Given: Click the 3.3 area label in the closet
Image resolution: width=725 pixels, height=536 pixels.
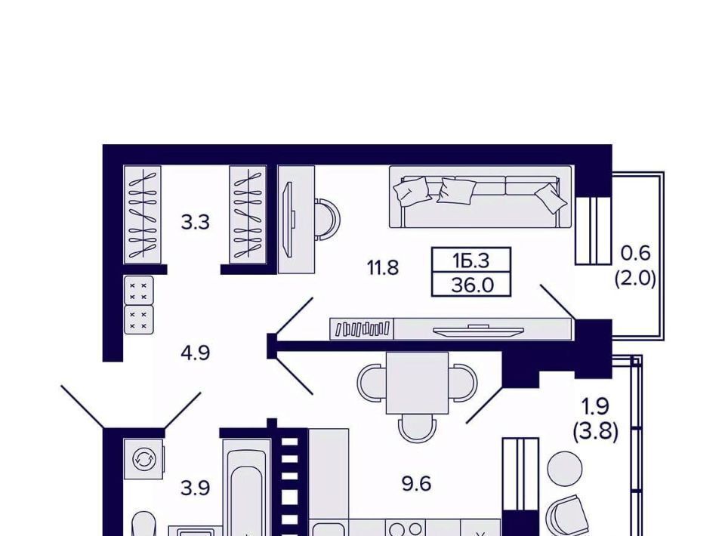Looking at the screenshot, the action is [x=195, y=223].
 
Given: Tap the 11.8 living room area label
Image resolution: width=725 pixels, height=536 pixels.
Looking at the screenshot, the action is [x=382, y=267].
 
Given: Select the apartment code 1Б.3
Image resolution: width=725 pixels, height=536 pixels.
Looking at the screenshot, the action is [x=470, y=261].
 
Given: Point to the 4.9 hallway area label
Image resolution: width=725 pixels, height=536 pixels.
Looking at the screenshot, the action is [x=195, y=353].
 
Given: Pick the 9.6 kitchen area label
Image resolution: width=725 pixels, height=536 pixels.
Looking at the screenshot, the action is [x=416, y=484].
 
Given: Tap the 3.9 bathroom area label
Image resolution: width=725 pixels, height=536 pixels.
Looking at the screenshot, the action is [x=195, y=488].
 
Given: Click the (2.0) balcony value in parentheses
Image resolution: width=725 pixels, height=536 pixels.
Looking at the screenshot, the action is [x=635, y=279].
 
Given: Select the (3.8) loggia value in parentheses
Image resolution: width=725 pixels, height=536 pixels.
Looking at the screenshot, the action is [x=596, y=432].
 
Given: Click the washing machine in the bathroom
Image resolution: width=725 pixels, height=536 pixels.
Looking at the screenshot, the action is [x=144, y=459].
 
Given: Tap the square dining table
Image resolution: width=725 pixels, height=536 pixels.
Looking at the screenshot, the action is [x=417, y=383].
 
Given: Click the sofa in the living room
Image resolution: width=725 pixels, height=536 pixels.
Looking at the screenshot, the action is [x=480, y=197].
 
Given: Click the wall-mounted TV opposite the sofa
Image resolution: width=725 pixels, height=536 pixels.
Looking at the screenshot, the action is [x=478, y=329].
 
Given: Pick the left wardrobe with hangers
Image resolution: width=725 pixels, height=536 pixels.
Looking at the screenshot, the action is [x=143, y=215].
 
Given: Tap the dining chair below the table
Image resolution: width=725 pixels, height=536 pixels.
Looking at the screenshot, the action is [x=417, y=428].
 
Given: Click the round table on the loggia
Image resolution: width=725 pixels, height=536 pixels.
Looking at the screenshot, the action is [x=565, y=469].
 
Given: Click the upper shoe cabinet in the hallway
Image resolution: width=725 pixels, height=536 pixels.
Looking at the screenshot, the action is [x=138, y=290].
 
